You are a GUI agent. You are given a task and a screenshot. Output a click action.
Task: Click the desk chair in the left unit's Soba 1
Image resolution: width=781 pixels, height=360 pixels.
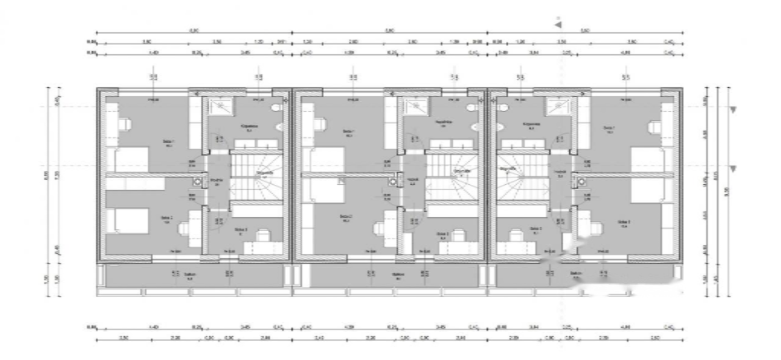[x=125, y=124]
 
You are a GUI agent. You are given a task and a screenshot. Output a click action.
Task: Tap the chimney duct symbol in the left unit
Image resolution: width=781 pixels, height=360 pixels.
[x=198, y=181]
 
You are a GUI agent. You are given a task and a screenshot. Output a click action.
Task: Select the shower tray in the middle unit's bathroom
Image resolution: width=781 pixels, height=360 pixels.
[x=416, y=107]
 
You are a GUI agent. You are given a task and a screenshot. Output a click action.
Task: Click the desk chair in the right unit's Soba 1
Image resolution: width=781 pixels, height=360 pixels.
[x=655, y=125]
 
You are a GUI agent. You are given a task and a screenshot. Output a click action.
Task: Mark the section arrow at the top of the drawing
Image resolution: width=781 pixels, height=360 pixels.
[x=557, y=25]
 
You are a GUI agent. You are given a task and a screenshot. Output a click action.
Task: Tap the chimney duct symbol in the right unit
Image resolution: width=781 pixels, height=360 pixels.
[x=582, y=181]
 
